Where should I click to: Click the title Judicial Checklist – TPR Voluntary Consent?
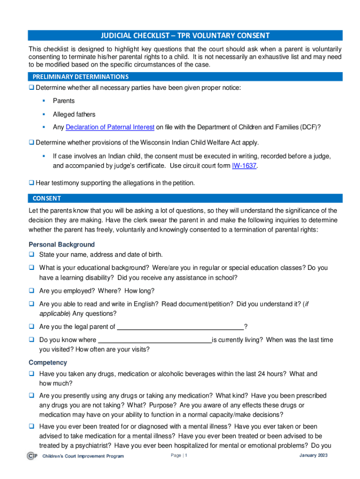tap(185, 36)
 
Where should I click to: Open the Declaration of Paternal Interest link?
tap(110, 127)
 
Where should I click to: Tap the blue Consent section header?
tap(47, 198)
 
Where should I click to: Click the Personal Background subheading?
tap(62, 245)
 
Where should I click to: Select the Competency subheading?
tap(48, 363)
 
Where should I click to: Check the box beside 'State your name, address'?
tap(31, 255)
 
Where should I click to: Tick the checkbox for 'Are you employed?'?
tap(31, 290)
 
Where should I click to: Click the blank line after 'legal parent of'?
tap(180, 327)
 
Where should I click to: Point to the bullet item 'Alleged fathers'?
tap(74, 114)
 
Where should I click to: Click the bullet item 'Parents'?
tap(64, 101)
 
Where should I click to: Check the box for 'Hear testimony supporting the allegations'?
tap(31, 182)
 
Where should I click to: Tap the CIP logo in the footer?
tap(32, 456)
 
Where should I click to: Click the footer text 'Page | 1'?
tap(179, 456)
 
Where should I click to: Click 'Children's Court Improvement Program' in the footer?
tap(83, 456)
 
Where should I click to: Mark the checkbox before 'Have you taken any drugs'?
tap(31, 374)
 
